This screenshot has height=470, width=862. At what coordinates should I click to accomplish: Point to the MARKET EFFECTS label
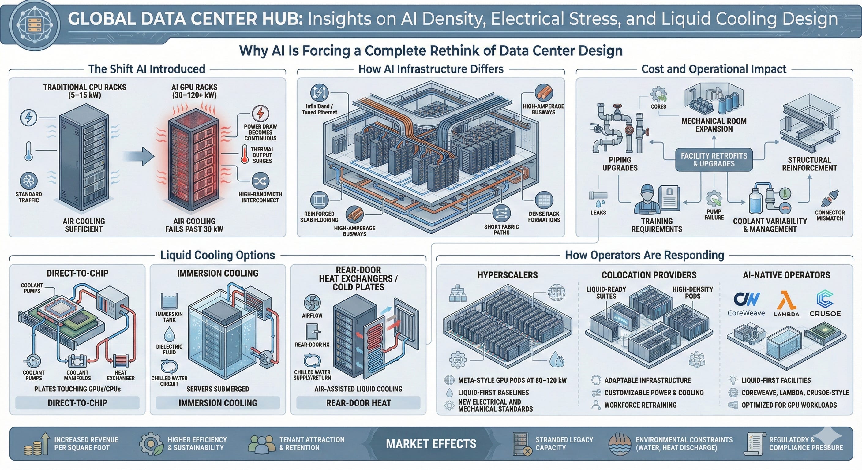[431, 444]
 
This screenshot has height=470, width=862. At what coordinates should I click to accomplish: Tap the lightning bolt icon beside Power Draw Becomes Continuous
[260, 113]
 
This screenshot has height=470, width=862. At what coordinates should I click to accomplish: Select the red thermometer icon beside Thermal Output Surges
[245, 154]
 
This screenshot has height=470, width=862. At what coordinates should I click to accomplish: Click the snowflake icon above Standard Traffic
[29, 181]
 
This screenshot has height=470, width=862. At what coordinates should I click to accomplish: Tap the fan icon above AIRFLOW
[312, 302]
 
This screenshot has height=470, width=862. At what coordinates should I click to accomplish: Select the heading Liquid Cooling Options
[218, 255]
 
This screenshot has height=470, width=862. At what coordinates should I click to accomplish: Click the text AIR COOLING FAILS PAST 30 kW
[194, 225]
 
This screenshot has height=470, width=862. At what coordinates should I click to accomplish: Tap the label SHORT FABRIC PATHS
[501, 229]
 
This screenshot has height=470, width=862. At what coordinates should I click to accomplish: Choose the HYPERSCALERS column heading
[507, 275]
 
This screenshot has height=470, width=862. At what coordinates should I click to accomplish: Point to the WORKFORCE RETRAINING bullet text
[640, 405]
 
